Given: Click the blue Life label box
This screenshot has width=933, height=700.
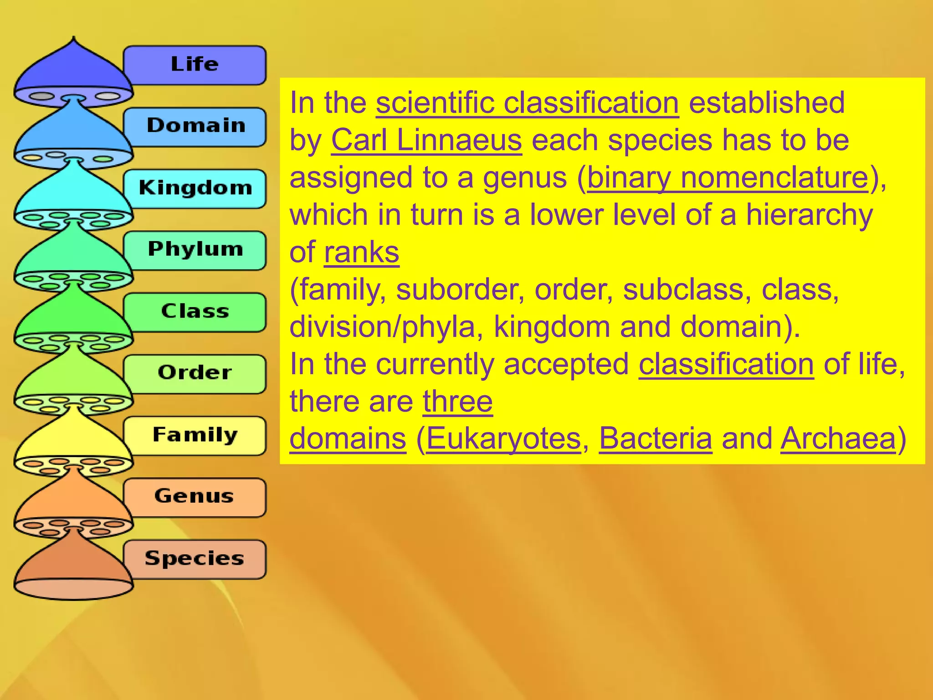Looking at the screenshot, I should [x=195, y=65].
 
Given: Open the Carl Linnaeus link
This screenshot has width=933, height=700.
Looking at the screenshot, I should [x=426, y=140].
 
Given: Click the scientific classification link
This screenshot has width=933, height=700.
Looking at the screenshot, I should [x=527, y=103].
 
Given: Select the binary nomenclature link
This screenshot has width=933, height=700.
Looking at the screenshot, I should [x=728, y=177].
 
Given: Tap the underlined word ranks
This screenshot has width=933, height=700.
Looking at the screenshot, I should [x=362, y=252].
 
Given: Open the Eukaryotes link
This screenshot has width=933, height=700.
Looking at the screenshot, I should [x=503, y=438].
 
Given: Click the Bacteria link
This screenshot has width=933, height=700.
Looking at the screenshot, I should [x=655, y=438].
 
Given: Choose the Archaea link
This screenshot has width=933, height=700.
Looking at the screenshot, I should [x=838, y=438].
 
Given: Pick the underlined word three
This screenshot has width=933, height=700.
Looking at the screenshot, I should [x=457, y=401].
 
